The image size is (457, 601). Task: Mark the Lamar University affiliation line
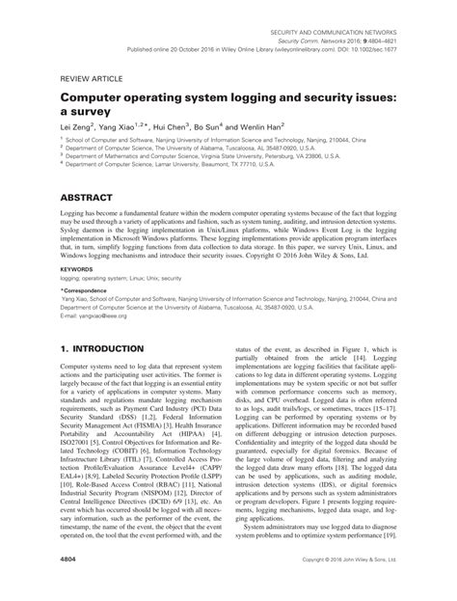[x=164, y=164]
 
